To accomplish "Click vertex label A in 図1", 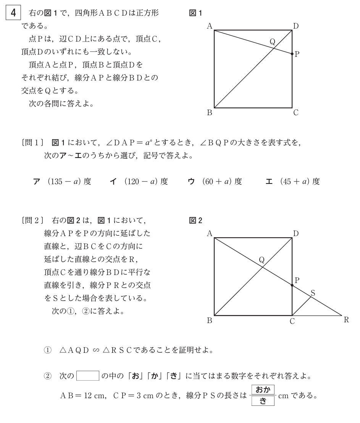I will click(x=209, y=26).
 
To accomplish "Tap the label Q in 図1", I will click(x=272, y=42).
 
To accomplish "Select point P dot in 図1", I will click(x=292, y=54).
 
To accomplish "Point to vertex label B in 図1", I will click(x=209, y=113).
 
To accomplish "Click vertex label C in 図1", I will click(x=296, y=113).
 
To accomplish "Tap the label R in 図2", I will click(x=346, y=320).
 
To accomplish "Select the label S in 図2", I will click(x=313, y=293).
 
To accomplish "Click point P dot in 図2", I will click(x=292, y=285).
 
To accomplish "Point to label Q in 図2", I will click(x=262, y=260).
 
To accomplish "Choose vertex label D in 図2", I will click(x=296, y=233).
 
